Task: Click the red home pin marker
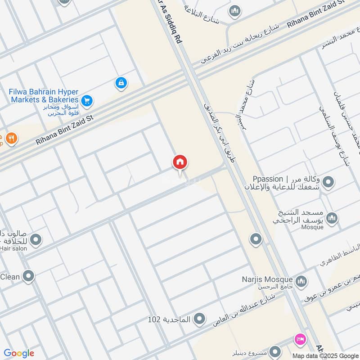(x=180, y=163)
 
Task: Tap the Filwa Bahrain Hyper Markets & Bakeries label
(x=44, y=95)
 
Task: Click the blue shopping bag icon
(x=121, y=83)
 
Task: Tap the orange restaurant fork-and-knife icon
(x=12, y=139)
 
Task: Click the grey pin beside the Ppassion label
(x=329, y=182)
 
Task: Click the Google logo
(x=19, y=353)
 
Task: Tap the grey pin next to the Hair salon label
(x=36, y=239)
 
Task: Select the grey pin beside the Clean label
(x=29, y=276)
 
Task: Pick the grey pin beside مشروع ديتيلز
(x=276, y=351)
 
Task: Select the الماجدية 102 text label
(x=170, y=319)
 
